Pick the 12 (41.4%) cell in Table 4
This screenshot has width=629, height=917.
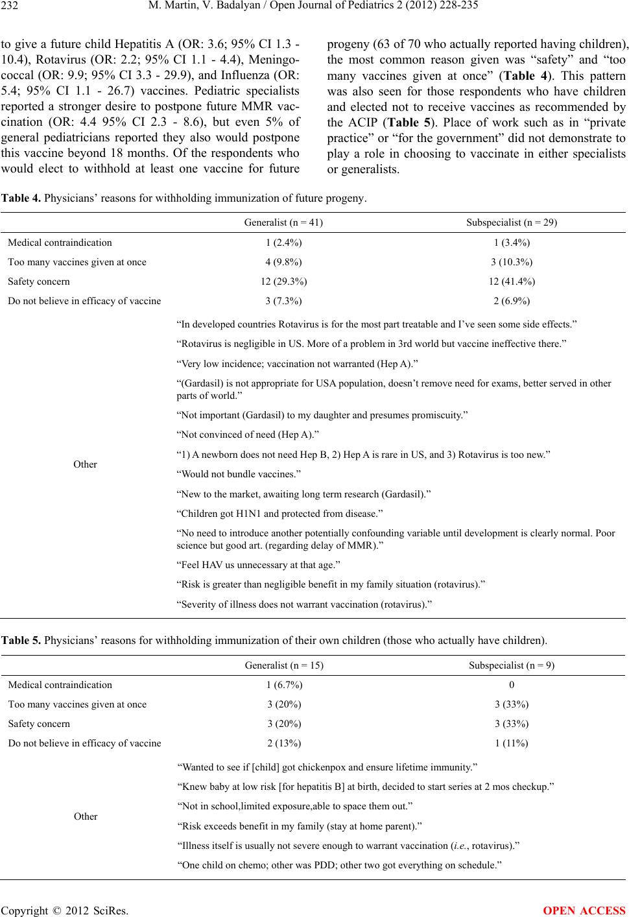512,281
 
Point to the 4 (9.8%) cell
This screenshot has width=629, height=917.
284,262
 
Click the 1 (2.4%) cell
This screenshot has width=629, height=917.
284,243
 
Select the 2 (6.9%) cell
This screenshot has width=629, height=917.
512,301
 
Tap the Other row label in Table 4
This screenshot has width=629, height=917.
86,464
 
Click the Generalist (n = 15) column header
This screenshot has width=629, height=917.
284,665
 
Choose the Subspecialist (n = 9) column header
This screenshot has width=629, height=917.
512,665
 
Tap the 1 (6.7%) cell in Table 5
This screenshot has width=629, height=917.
284,685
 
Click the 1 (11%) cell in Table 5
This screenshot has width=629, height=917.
512,743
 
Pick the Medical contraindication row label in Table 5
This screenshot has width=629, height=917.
60,685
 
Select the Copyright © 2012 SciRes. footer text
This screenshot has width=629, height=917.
64,909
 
